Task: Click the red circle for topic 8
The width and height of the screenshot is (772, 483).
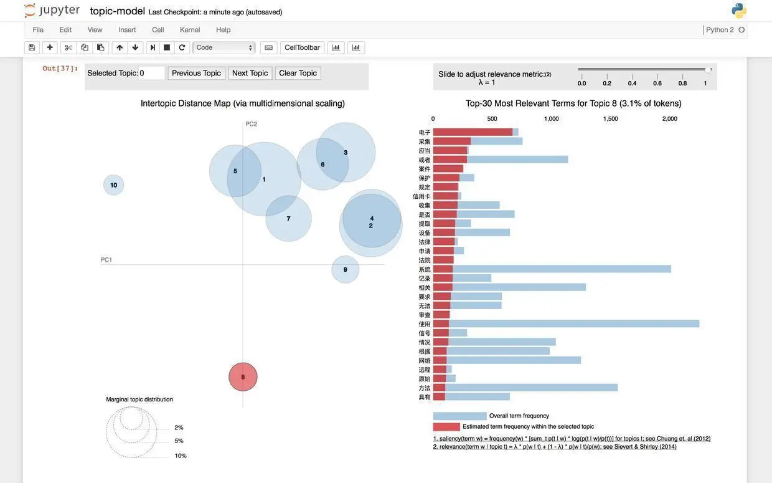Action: pos(243,377)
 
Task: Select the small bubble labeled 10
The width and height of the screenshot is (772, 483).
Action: pos(113,185)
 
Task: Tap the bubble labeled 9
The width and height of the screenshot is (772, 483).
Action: pos(345,269)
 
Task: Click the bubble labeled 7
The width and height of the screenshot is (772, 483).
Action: pos(288,219)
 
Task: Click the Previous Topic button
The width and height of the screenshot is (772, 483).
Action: pos(196,73)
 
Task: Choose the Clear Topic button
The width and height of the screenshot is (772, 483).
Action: pos(298,73)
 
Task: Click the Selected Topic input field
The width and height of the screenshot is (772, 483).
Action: pos(152,73)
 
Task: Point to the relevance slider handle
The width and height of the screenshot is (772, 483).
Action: pos(708,70)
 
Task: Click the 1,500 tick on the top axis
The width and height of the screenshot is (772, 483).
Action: pos(610,118)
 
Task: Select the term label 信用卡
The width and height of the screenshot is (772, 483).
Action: pos(421,196)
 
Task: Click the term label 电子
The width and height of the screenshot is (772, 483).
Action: pos(425,132)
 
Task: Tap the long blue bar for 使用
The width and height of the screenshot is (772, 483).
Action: pos(573,323)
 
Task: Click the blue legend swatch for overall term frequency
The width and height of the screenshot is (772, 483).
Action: pos(459,416)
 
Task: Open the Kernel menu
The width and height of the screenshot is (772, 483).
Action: pos(190,29)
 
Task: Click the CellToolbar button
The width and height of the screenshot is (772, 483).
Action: pos(302,47)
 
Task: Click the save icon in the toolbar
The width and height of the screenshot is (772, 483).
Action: pos(32,47)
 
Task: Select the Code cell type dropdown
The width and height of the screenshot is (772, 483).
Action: pos(224,47)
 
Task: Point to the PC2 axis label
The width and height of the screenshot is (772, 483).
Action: pos(251,124)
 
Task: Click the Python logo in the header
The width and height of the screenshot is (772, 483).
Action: pos(739,11)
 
